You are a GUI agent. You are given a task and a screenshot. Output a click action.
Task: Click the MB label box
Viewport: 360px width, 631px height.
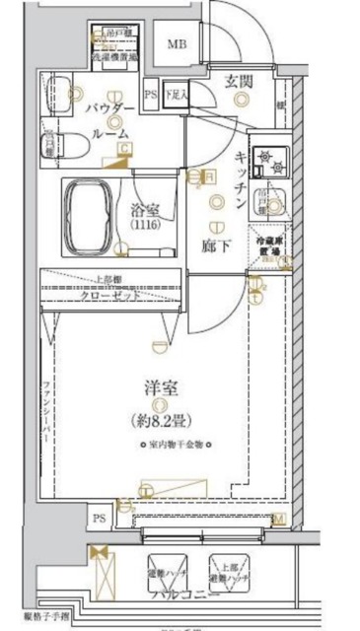[x=179, y=44]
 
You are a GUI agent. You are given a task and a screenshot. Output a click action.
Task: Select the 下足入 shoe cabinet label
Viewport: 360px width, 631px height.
[x=176, y=95]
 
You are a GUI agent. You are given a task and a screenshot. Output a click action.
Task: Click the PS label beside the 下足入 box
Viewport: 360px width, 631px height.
[x=150, y=95]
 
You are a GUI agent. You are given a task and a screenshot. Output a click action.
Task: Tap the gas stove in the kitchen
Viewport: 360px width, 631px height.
[x=267, y=159]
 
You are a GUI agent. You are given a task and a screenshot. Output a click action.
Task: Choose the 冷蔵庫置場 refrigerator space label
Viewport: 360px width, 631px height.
[x=268, y=245]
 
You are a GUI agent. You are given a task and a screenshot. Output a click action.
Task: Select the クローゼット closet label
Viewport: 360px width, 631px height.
[x=108, y=295]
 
